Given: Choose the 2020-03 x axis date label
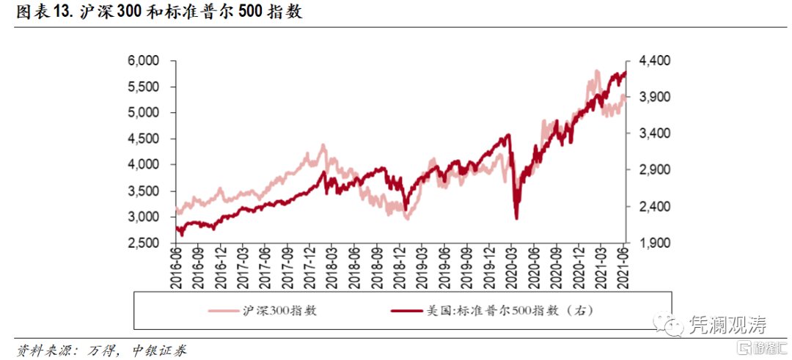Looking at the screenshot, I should click(x=513, y=265).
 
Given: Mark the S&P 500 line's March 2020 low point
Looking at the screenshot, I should click(x=517, y=218).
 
